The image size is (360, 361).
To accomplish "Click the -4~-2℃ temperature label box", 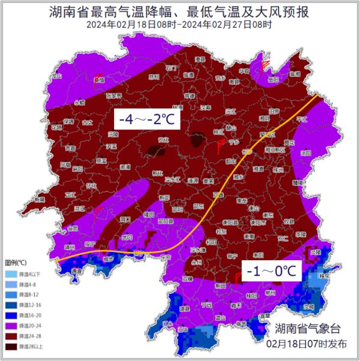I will pyautogui.click(x=147, y=119).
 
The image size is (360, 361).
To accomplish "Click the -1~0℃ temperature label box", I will pyautogui.click(x=270, y=272).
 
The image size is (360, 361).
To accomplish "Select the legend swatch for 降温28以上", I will pyautogui.click(x=12, y=346).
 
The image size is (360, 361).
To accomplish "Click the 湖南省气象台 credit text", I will pyautogui.click(x=307, y=329).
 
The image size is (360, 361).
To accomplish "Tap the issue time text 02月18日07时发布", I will pyautogui.click(x=307, y=345).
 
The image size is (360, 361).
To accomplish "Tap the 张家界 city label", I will pyautogui.click(x=113, y=95).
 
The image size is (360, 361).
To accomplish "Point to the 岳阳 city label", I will pyautogui.click(x=274, y=79).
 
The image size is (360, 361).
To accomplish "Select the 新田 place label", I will pyautogui.click(x=221, y=285).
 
